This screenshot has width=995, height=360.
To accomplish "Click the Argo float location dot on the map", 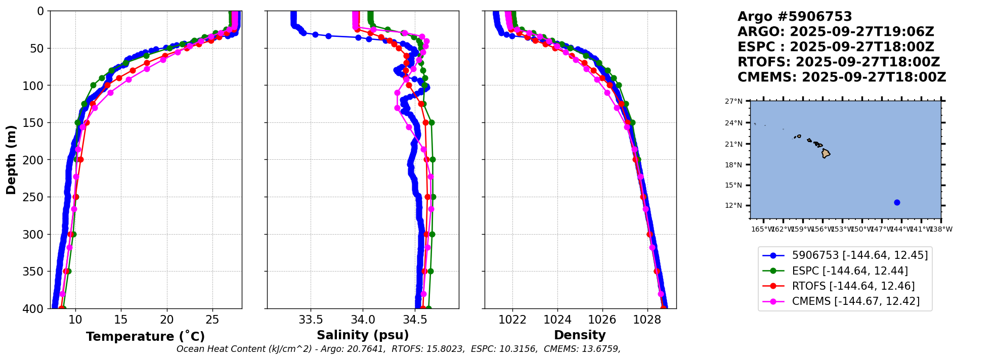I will [x=897, y=202].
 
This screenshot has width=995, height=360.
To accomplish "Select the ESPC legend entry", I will [x=849, y=271].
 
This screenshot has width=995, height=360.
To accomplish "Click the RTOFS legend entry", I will [x=853, y=286].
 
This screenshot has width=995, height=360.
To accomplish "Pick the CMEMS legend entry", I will [x=855, y=301].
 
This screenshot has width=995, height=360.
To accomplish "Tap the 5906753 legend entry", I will [x=859, y=255].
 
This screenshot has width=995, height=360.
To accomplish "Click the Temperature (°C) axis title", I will [x=145, y=337].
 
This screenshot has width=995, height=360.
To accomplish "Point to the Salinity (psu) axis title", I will [x=363, y=335].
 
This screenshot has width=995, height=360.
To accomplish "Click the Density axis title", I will [x=580, y=335].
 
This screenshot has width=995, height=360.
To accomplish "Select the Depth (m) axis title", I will [x=11, y=159].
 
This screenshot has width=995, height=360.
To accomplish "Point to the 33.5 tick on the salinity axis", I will [x=311, y=320].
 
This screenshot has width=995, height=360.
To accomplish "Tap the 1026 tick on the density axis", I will [x=602, y=320].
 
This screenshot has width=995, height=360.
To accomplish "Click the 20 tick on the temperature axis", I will [x=167, y=320].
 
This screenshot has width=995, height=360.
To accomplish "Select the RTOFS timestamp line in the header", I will [x=838, y=62].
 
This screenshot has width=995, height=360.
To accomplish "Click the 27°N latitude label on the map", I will [x=733, y=102].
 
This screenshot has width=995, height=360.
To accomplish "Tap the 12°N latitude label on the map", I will [x=733, y=206].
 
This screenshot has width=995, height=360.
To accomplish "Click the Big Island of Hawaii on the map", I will [x=826, y=153].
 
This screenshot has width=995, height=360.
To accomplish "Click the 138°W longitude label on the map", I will [x=941, y=230].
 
